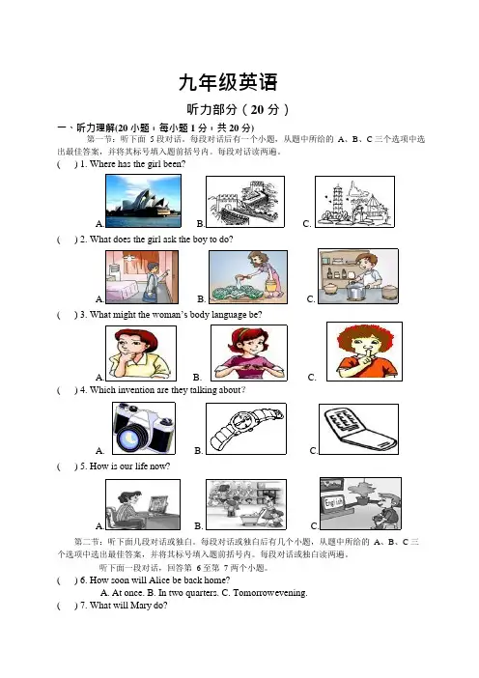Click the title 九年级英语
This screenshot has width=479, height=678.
(x=228, y=82)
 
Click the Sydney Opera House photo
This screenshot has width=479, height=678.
(x=143, y=201)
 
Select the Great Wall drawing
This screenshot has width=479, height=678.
(x=245, y=202)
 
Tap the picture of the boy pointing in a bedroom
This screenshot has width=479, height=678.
(x=142, y=277)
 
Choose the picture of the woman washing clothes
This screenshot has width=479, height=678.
(x=248, y=277)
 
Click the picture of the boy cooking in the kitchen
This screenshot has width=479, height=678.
(x=358, y=276)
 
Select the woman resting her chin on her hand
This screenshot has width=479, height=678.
(x=141, y=353)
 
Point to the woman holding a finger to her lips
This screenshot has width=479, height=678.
(x=364, y=352)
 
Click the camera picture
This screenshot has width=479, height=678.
(x=144, y=428)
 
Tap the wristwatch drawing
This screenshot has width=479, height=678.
(x=246, y=429)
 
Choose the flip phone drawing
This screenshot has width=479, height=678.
(x=358, y=429)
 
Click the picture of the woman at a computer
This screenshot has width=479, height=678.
(x=143, y=504)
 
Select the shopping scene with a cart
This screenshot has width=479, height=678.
(x=246, y=504)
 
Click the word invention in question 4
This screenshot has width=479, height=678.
(x=136, y=390)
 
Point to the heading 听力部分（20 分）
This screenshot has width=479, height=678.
(x=238, y=109)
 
